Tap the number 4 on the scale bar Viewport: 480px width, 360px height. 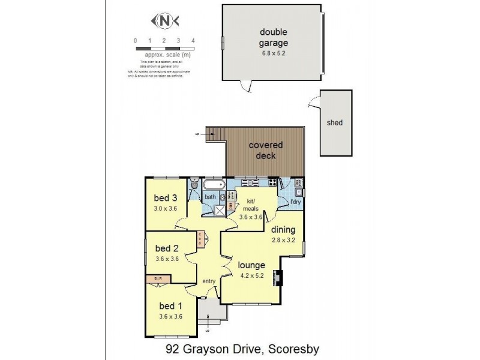[193, 40]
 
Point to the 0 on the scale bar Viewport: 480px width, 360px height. [136, 40]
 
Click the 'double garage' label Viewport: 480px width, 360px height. [274, 37]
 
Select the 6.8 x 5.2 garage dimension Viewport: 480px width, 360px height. [274, 53]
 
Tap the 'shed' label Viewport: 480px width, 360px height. [334, 123]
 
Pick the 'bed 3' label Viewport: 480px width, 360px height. [166, 199]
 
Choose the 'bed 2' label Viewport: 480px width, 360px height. [167, 248]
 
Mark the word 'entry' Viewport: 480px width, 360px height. [208, 281]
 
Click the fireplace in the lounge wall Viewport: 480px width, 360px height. [278, 278]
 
